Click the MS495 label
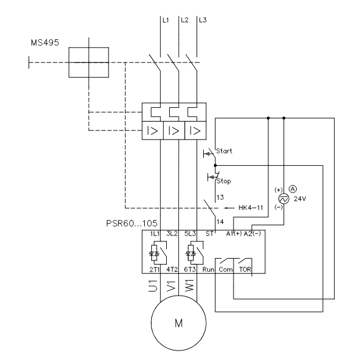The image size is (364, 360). [44, 44]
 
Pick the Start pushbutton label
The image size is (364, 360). [225, 151]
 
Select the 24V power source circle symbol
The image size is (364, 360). [284, 200]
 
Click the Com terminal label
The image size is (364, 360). [226, 269]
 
